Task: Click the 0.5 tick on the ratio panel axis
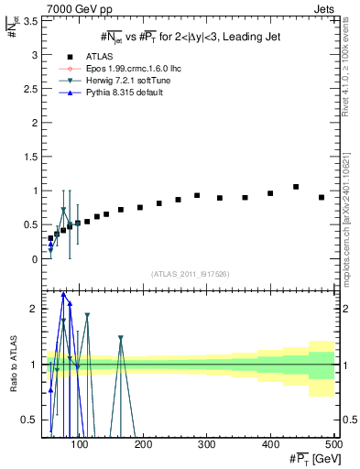[31, 420]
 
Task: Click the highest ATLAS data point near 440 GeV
[296, 187]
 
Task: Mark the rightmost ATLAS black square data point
[322, 197]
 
